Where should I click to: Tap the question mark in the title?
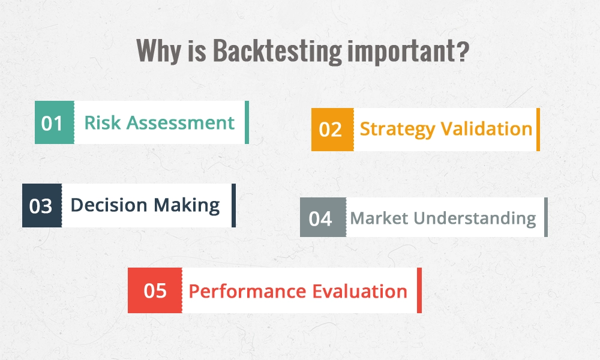pyautogui.click(x=461, y=52)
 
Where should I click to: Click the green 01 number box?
pyautogui.click(x=54, y=123)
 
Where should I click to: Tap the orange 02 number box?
pyautogui.click(x=332, y=130)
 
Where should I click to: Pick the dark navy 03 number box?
pyautogui.click(x=41, y=206)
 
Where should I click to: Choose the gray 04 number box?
pyautogui.click(x=322, y=218)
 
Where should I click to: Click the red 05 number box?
pyautogui.click(x=155, y=291)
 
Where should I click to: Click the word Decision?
pyautogui.click(x=109, y=205)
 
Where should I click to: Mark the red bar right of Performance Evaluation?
pyautogui.click(x=419, y=291)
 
